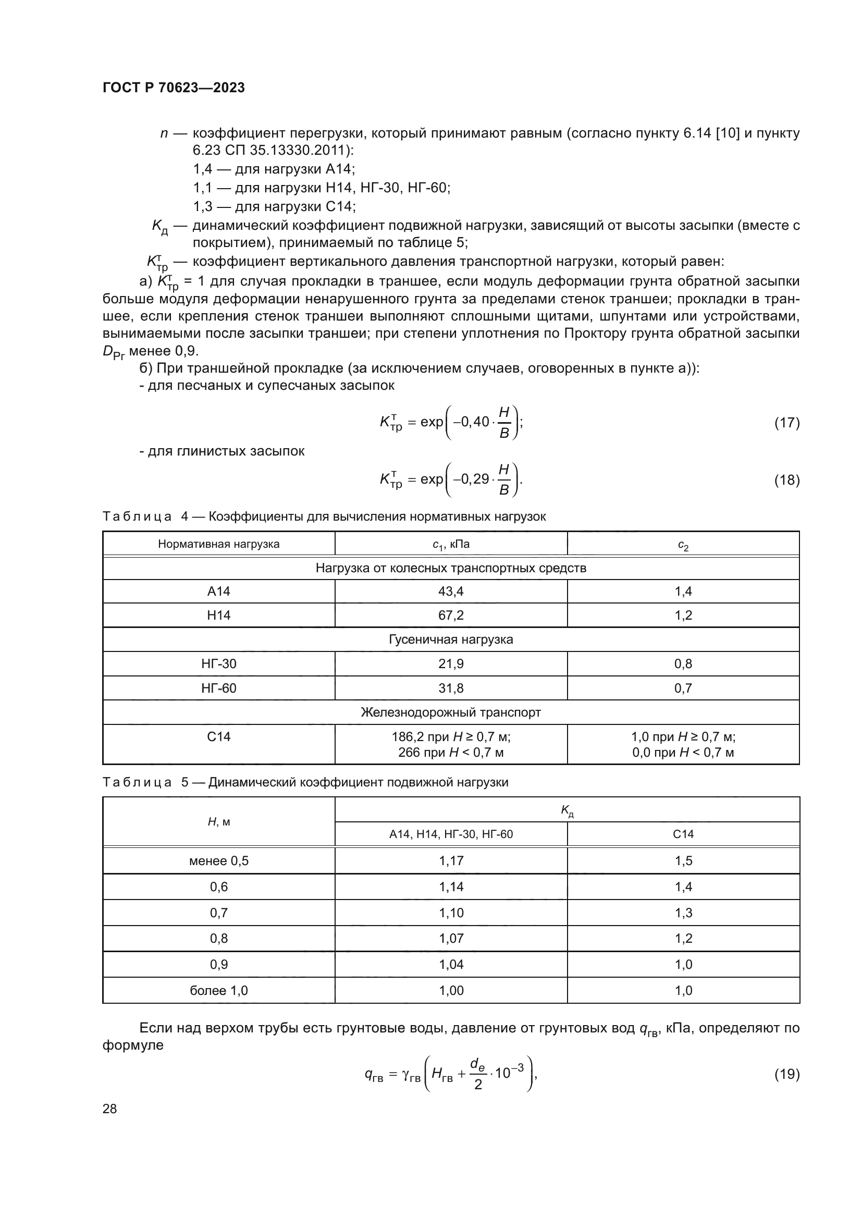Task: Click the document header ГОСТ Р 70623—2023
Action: pyautogui.click(x=174, y=88)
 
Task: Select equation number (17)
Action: pyautogui.click(x=786, y=423)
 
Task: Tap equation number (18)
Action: pyautogui.click(x=786, y=480)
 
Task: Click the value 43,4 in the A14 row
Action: pyautogui.click(x=451, y=591)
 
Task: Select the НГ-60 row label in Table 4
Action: pyautogui.click(x=219, y=688)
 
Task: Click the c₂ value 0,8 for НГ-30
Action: pyautogui.click(x=683, y=663)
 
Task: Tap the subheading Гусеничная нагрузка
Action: pyautogui.click(x=451, y=639)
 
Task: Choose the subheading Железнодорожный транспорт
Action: pyautogui.click(x=451, y=712)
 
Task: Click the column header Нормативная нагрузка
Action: pyautogui.click(x=219, y=544)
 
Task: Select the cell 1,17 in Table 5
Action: pyautogui.click(x=451, y=860)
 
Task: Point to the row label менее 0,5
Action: pyautogui.click(x=219, y=860)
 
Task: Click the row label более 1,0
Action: pyautogui.click(x=219, y=990)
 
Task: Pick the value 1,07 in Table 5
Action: pyautogui.click(x=451, y=938)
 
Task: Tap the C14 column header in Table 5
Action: pyautogui.click(x=683, y=834)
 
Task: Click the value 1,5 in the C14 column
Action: pyautogui.click(x=683, y=860)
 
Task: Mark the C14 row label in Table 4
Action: pyautogui.click(x=219, y=736)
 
